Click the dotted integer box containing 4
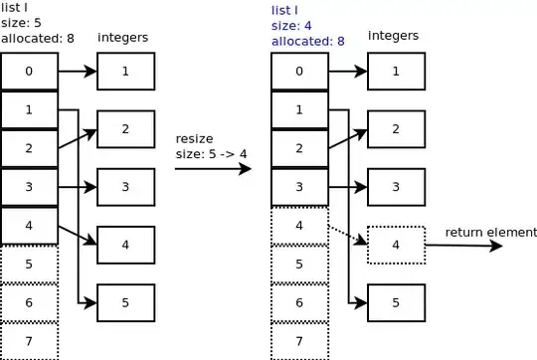[396, 245]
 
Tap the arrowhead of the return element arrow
[496, 246]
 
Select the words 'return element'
[491, 233]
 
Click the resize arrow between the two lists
[213, 168]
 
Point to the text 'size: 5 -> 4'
[211, 154]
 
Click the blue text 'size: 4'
[291, 26]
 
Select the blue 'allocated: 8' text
[308, 41]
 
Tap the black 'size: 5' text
[21, 23]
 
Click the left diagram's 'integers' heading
[123, 38]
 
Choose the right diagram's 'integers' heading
[393, 36]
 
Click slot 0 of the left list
[30, 72]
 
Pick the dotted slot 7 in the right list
[299, 341]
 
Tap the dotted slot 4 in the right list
[299, 226]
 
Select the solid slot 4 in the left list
[30, 226]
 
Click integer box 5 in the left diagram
[126, 302]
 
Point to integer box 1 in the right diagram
[396, 72]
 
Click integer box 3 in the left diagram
[126, 187]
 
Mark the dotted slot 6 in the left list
[30, 302]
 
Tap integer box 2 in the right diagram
[396, 129]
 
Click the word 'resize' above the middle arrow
[194, 138]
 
